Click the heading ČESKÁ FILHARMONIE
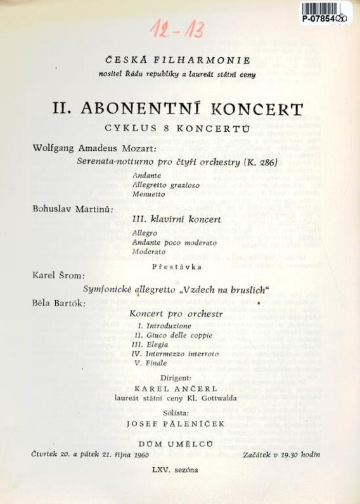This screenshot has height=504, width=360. tap(179, 61)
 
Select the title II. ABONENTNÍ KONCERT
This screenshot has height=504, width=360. tap(177, 108)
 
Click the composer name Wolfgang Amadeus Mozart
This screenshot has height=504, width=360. tap(96, 148)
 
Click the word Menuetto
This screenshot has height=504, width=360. tap(150, 194)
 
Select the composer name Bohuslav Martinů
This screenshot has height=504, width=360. tap(73, 209)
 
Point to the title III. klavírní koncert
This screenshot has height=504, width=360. tap(177, 220)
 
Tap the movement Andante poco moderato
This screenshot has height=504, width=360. tap(174, 242)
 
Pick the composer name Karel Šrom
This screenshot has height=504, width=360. tap(58, 276)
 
